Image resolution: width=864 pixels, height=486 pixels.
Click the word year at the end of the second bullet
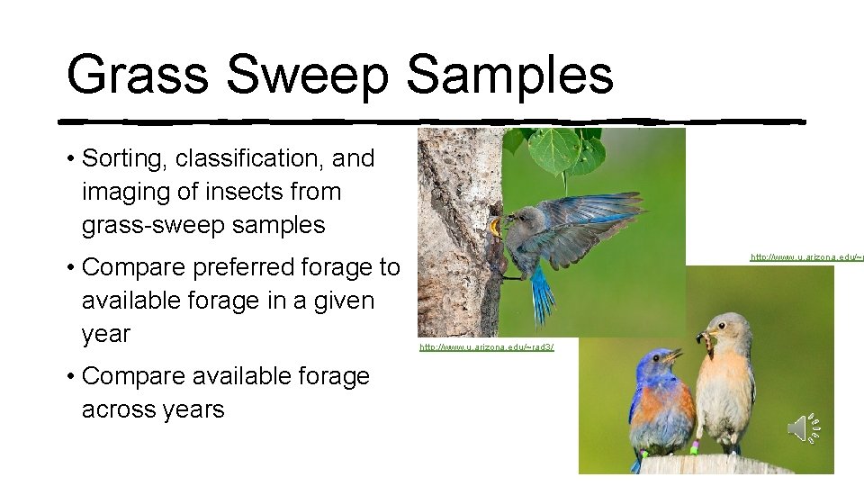click(106, 334)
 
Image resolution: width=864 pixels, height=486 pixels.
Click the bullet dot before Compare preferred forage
click(70, 267)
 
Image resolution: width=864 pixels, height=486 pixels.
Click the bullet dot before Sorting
click(70, 159)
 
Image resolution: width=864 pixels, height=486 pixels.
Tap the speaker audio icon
click(802, 428)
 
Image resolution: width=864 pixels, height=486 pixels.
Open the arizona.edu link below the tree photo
click(487, 347)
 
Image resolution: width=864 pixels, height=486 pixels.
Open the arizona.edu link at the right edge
click(806, 257)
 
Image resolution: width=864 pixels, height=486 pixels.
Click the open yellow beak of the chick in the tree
click(495, 228)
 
